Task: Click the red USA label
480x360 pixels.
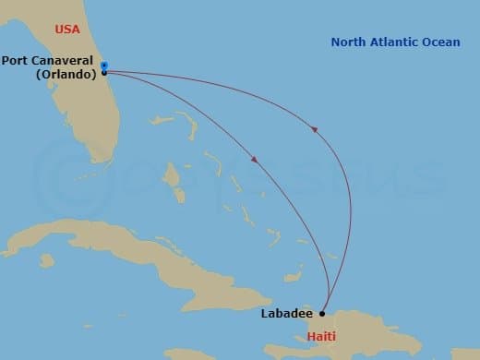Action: pyautogui.click(x=67, y=30)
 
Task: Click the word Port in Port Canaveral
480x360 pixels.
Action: pyautogui.click(x=17, y=62)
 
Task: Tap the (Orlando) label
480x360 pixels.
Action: pyautogui.click(x=66, y=75)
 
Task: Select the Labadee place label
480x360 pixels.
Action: pyautogui.click(x=286, y=313)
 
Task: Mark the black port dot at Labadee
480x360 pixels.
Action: pyautogui.click(x=323, y=313)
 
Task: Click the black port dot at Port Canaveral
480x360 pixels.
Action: pyautogui.click(x=104, y=72)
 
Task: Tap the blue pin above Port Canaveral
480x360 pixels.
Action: pyautogui.click(x=104, y=65)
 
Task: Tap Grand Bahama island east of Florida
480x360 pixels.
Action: pyautogui.click(x=164, y=120)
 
